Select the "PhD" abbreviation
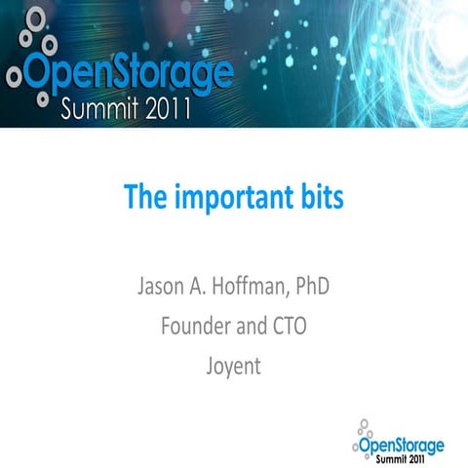(321, 289)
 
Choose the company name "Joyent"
(234, 361)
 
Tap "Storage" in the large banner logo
(171, 72)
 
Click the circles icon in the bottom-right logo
(364, 430)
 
